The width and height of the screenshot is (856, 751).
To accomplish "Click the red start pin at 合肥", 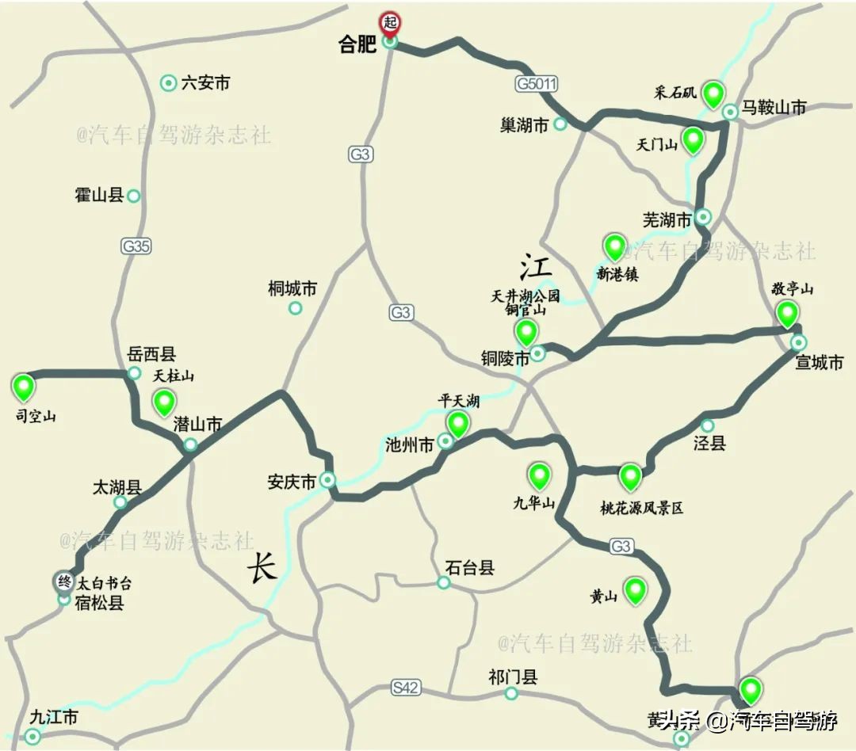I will coord(389,21).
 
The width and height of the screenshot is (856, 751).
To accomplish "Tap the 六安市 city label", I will coord(205,82).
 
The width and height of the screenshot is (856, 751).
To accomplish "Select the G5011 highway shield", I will coord(537,82).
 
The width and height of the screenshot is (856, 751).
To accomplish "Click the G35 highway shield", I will coord(136,246).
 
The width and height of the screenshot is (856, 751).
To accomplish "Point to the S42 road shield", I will coord(405,688).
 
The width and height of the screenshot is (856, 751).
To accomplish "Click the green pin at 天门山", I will coord(694,139).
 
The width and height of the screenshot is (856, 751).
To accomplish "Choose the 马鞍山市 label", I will coord(774,108).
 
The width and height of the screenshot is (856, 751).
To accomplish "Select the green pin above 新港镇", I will coord(614,247).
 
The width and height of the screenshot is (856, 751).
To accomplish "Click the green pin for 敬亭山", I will coord(787,314).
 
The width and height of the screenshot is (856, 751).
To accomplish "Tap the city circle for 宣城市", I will coord(799,342).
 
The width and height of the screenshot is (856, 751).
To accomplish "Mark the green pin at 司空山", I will coord(25,387).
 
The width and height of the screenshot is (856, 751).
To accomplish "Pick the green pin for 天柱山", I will coord(164,402).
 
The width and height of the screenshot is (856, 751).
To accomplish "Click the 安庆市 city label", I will coord(292,481).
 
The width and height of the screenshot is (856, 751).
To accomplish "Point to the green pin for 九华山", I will coord(540,475).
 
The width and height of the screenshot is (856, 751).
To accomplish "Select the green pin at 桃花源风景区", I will coord(630,476).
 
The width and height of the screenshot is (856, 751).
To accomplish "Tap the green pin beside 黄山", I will coord(635,590).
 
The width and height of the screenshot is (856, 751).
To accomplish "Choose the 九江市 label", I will coord(54,718).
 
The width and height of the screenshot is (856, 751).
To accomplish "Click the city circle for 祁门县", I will coord(512,693).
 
